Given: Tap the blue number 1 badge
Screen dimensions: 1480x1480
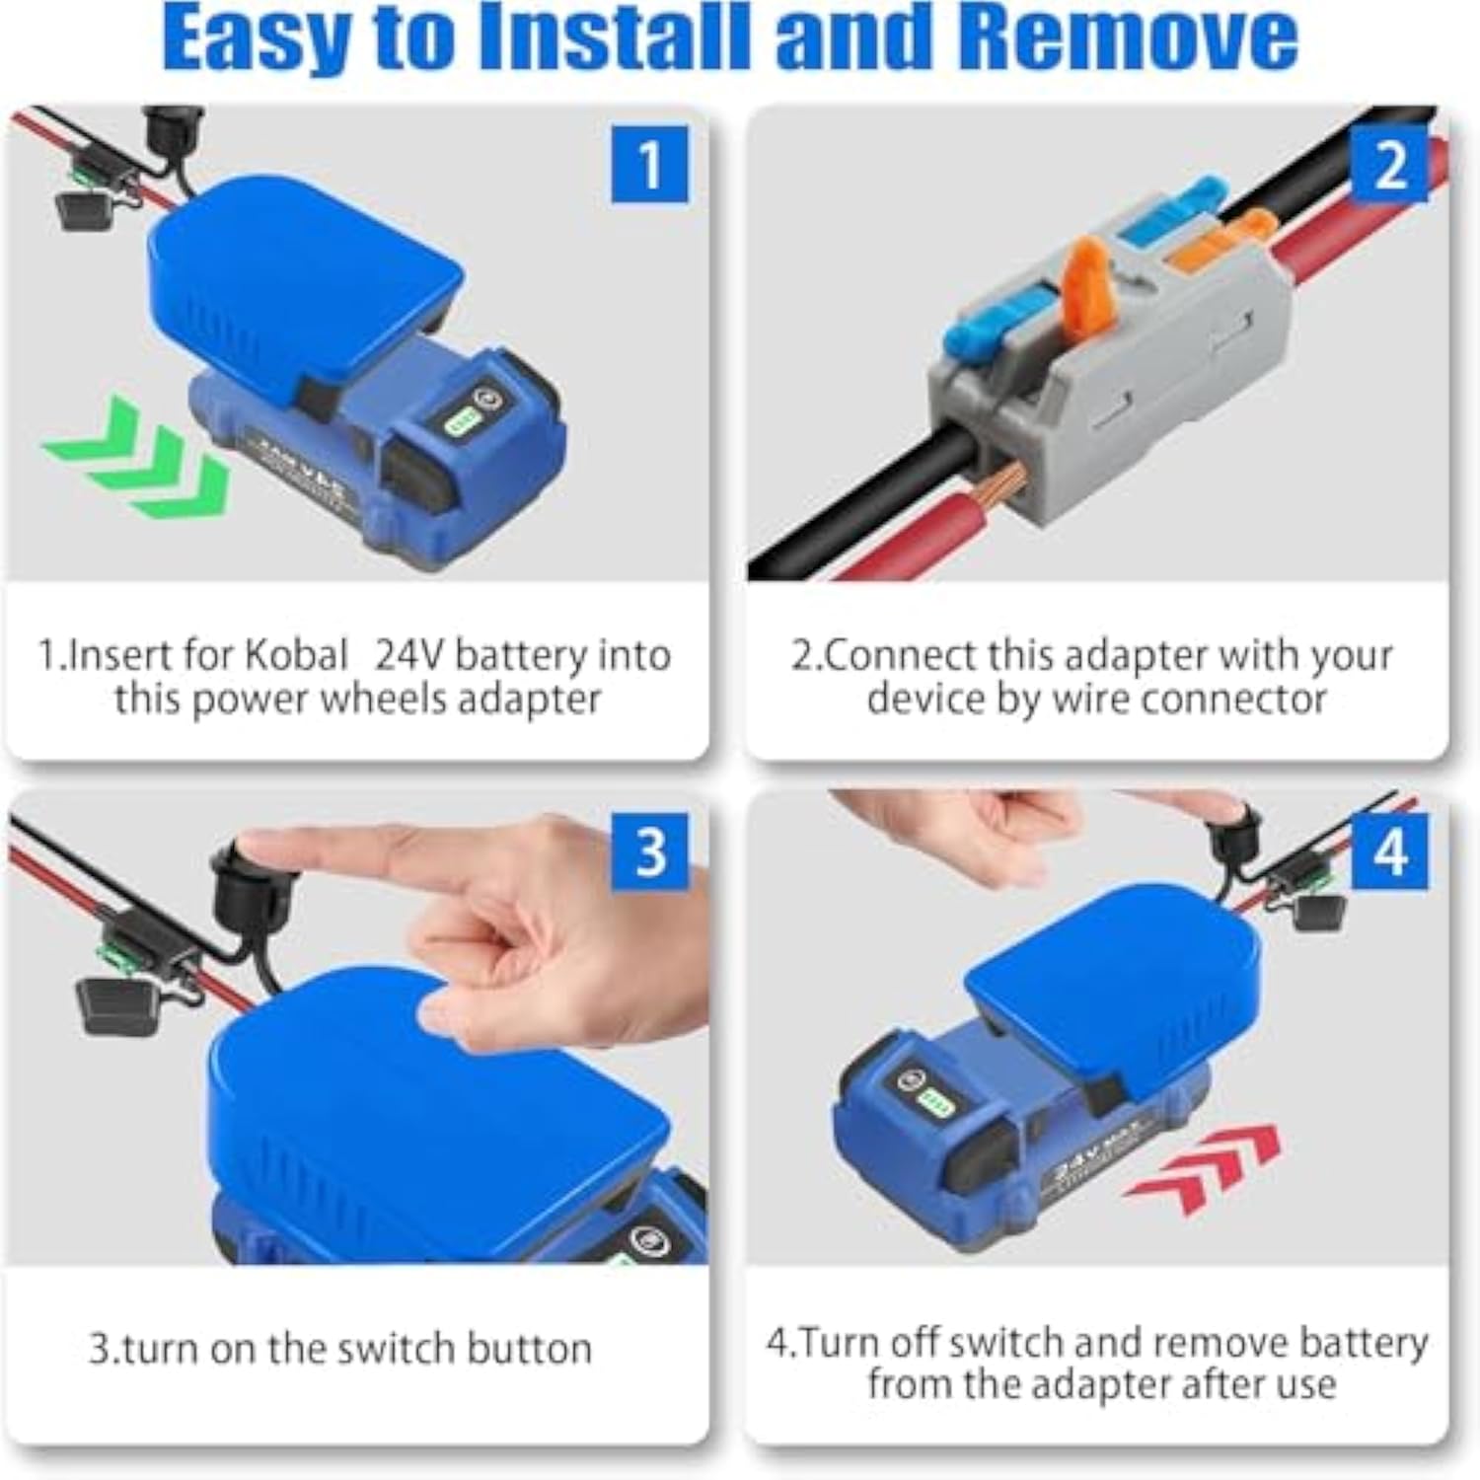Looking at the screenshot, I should click(649, 165).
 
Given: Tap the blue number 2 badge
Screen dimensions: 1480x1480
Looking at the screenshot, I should click(1389, 165).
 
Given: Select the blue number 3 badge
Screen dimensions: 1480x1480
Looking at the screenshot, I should click(649, 850).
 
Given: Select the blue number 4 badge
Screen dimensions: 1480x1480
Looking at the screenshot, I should click(1389, 850).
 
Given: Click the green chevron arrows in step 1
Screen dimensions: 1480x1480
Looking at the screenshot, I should click(138, 454).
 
